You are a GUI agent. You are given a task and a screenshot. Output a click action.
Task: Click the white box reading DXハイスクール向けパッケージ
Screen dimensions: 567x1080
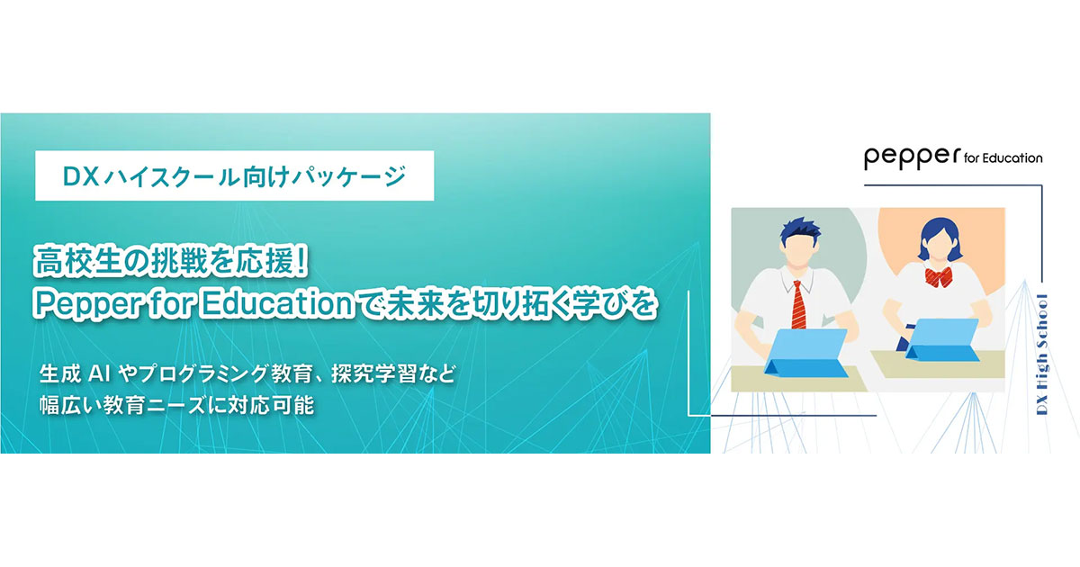[x=234, y=178]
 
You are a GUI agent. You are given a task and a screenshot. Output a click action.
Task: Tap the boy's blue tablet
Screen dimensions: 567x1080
[x=806, y=351]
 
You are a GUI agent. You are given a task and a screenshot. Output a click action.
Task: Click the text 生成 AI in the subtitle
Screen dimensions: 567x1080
[x=76, y=373]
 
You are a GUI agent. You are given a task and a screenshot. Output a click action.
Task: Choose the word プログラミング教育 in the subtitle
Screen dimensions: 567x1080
[x=233, y=373]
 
